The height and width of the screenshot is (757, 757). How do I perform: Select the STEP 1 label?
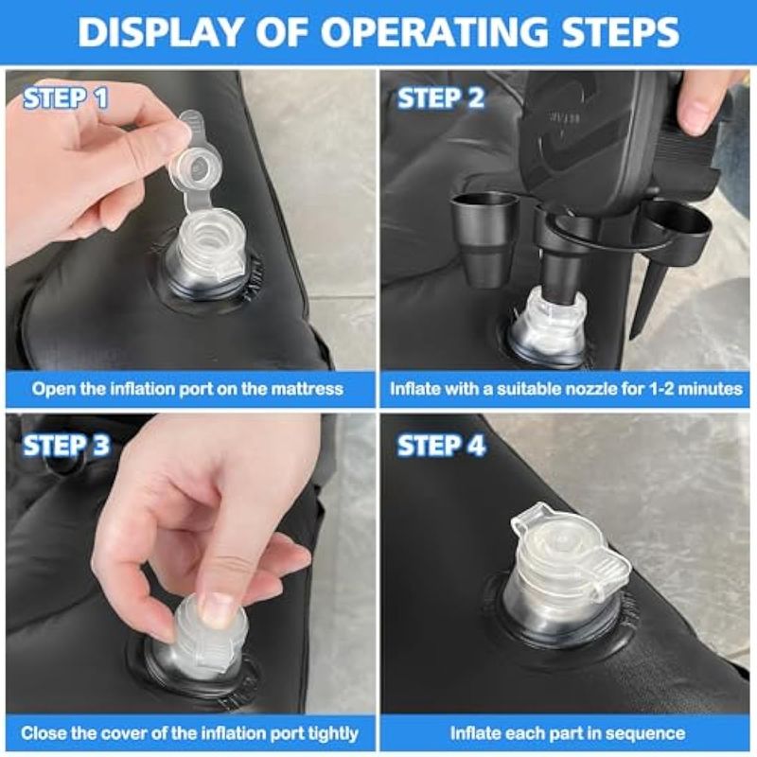point(65,98)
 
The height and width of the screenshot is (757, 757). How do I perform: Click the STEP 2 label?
point(440,98)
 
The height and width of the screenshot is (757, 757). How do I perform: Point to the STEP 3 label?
point(66,445)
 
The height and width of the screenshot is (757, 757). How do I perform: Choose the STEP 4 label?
point(441,445)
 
